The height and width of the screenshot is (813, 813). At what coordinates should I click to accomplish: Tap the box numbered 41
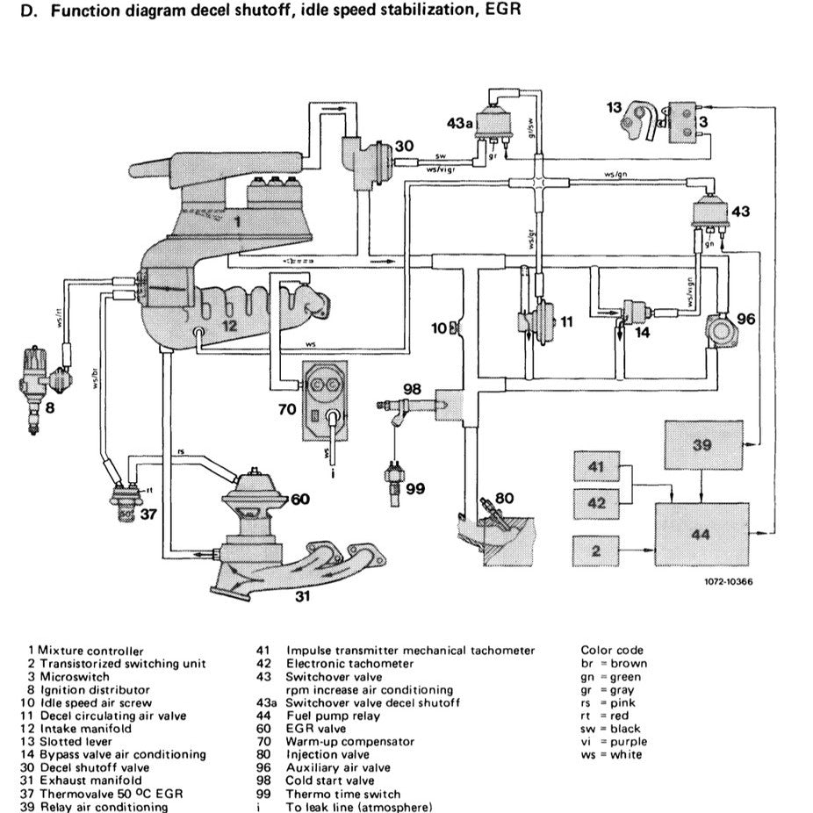(x=598, y=468)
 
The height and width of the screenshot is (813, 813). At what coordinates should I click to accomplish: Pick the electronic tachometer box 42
(x=598, y=504)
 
